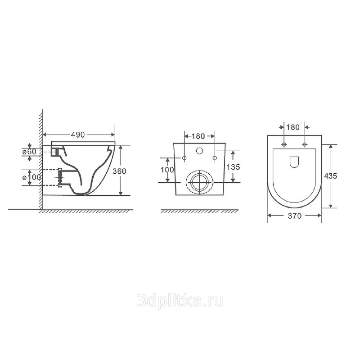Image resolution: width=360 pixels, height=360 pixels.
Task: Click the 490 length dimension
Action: pyautogui.click(x=78, y=135)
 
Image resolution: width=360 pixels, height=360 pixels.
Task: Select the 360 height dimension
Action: pyautogui.click(x=119, y=171)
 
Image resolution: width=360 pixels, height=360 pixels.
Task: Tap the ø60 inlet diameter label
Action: pyautogui.click(x=29, y=152)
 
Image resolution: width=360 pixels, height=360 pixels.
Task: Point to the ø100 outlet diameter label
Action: pyautogui.click(x=31, y=177)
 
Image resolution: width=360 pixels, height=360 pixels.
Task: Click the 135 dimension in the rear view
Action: pyautogui.click(x=233, y=167)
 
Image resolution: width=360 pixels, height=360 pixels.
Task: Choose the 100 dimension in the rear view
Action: pyautogui.click(x=167, y=170)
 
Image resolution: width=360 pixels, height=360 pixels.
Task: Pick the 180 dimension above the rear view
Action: pyautogui.click(x=198, y=136)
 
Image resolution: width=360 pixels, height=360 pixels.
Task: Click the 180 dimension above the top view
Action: pyautogui.click(x=293, y=127)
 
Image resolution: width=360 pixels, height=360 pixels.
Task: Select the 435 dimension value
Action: pyautogui.click(x=331, y=176)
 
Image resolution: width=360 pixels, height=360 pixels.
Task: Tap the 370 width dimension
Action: pyautogui.click(x=295, y=216)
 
